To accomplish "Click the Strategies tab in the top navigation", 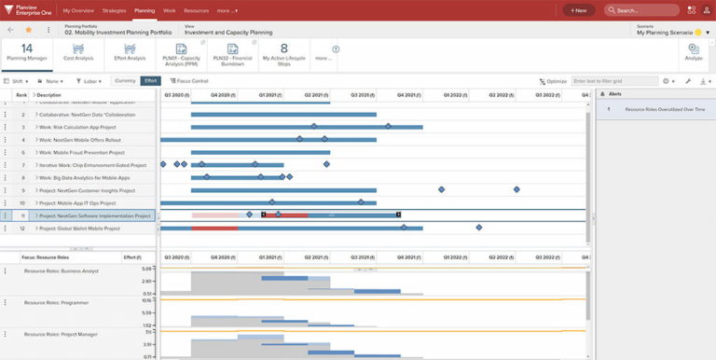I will [114, 10].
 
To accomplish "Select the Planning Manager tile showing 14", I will [27, 51].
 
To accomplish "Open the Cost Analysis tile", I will [79, 51].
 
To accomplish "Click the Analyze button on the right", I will [694, 51].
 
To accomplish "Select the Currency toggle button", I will [125, 81].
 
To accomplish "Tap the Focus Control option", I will [189, 81].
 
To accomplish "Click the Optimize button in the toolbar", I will [553, 81].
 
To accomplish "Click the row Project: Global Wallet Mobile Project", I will [79, 228].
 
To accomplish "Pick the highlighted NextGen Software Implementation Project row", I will [93, 215].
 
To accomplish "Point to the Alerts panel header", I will [616, 94].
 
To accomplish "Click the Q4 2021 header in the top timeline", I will [408, 94].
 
